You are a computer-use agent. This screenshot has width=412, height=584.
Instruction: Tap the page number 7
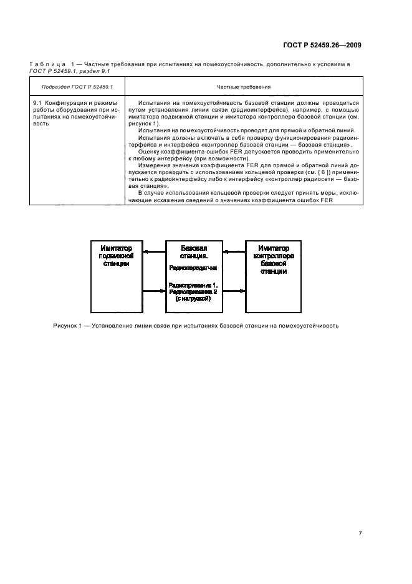click(360, 515)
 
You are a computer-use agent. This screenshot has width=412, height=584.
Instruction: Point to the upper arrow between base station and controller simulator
click(233, 253)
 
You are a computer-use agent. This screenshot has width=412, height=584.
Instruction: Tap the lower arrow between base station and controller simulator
click(233, 290)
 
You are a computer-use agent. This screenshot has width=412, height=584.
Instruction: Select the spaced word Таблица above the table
click(46, 64)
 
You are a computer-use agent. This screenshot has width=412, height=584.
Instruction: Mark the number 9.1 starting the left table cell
click(37, 102)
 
